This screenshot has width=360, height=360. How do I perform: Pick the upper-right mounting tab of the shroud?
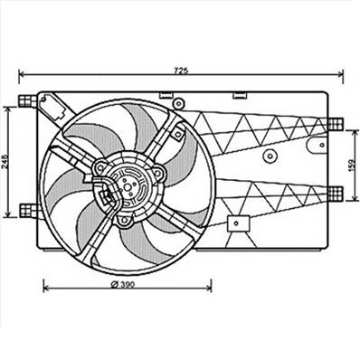coord(336,126)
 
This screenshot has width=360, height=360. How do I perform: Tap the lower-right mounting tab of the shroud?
coord(336,191)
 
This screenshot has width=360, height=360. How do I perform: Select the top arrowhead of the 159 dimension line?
coord(353,128)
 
